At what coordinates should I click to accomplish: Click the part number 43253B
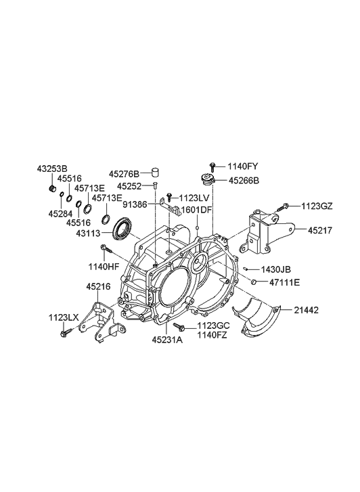point(52,169)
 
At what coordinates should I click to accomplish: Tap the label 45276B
point(124,173)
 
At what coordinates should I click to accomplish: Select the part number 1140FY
point(243,166)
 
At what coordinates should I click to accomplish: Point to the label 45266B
point(244,181)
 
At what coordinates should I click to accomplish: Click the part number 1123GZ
point(317,206)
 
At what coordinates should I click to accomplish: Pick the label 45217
point(319,230)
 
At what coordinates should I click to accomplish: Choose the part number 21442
point(307,311)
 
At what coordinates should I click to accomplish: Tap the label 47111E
point(285,282)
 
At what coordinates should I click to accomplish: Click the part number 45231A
point(167,340)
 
